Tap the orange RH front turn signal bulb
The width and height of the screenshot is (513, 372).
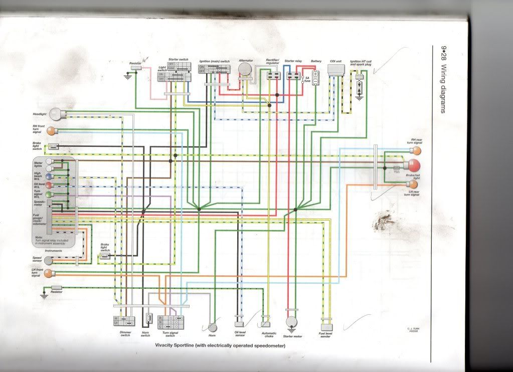pyautogui.click(x=51, y=131)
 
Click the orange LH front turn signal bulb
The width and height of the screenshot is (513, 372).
pyautogui.click(x=49, y=273)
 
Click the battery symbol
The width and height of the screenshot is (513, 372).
pyautogui.click(x=315, y=77)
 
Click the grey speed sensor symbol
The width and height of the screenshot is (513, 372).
pyautogui.click(x=48, y=260)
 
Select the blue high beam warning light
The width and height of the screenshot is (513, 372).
pyautogui.click(x=49, y=177)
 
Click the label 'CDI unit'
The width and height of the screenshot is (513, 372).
pyautogui.click(x=335, y=61)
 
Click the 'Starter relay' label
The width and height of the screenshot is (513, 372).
pyautogui.click(x=293, y=61)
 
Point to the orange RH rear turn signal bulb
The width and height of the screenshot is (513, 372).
pyautogui.click(x=417, y=150)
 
